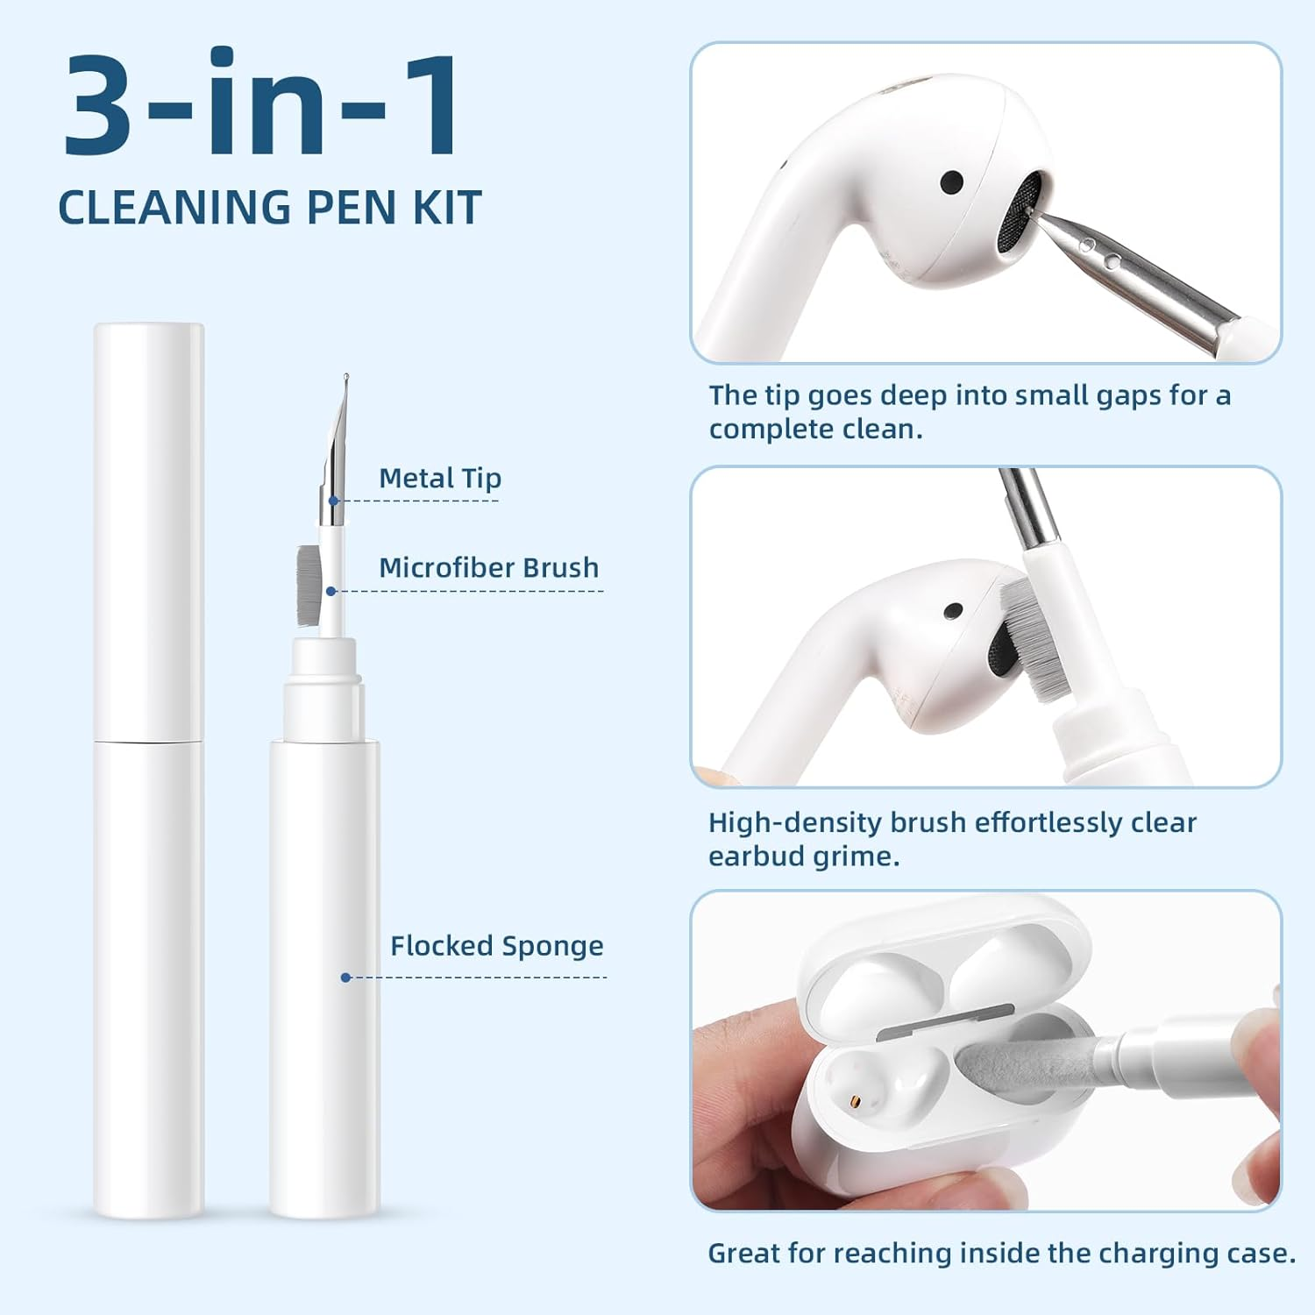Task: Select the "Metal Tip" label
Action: [440, 478]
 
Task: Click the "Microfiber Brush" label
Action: [488, 567]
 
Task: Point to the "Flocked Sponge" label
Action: [496, 946]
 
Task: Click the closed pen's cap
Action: [149, 532]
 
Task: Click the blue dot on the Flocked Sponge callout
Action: [345, 977]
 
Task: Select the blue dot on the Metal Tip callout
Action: [333, 501]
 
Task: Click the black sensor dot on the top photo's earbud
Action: [951, 182]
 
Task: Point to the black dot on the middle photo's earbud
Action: [953, 611]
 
